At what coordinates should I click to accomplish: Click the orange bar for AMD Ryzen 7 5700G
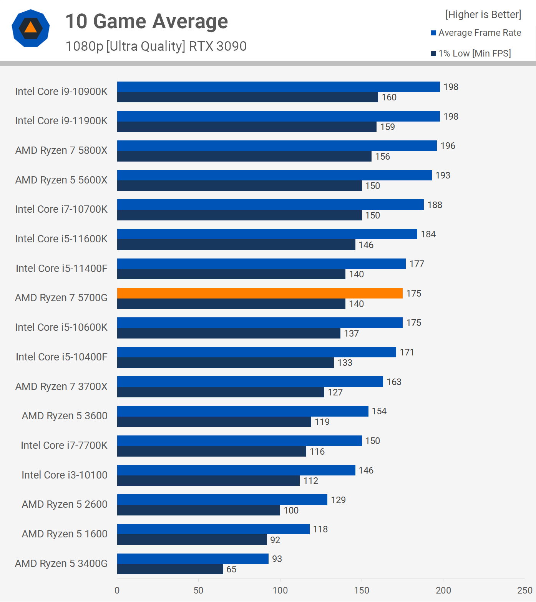click(260, 293)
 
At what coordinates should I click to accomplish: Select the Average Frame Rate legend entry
click(476, 33)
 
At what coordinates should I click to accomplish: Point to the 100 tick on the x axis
click(280, 590)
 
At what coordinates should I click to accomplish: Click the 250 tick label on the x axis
click(524, 590)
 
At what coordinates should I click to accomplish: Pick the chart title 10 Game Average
click(146, 21)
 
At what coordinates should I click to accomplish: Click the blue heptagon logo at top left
click(31, 28)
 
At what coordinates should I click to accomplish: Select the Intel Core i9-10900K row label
click(61, 92)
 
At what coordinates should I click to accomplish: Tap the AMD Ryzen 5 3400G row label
click(61, 564)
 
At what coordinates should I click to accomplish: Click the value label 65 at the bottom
click(231, 569)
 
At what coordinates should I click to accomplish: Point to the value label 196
click(448, 146)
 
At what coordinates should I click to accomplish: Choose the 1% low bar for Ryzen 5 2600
click(198, 510)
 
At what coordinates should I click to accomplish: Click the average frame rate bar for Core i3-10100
click(236, 470)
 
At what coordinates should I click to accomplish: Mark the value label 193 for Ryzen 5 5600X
click(443, 175)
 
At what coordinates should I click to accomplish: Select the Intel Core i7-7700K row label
click(64, 445)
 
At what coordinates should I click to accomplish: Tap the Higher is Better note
click(483, 15)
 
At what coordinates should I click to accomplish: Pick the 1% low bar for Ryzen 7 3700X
click(221, 392)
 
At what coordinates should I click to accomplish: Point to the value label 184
click(428, 234)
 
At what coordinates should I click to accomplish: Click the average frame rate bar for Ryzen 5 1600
click(213, 529)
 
